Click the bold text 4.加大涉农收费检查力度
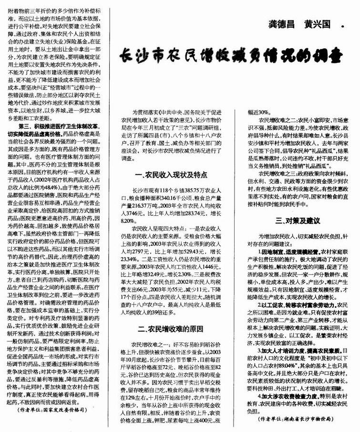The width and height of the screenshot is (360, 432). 294,396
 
